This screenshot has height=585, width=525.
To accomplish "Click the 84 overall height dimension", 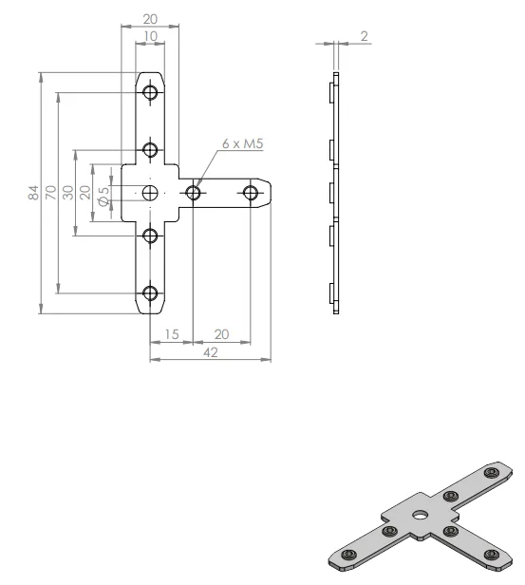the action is [x=33, y=193].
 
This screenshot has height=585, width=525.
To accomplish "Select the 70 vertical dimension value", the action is [x=50, y=193].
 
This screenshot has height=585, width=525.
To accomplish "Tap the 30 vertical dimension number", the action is [x=67, y=193].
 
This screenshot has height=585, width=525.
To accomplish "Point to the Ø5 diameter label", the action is [x=104, y=195].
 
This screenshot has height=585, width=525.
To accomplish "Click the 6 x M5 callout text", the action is [x=243, y=143].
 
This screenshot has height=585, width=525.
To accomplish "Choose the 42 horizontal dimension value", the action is [x=211, y=352].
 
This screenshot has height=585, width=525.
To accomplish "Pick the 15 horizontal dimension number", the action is [x=172, y=334].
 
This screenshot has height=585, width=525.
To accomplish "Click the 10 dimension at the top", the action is [x=150, y=36].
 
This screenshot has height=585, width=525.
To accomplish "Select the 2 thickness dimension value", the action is [x=364, y=36].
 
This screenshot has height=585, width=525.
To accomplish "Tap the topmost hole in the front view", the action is [x=150, y=92].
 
